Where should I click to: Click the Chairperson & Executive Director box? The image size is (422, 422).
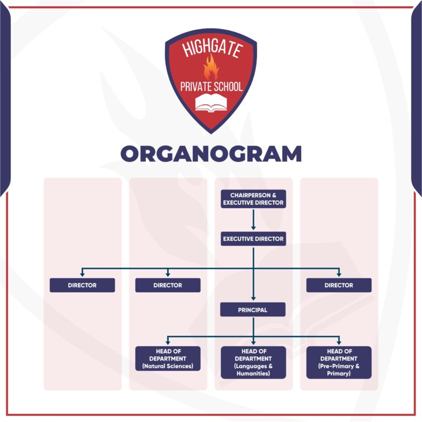pyautogui.click(x=253, y=199)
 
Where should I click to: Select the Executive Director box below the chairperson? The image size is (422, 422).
pyautogui.click(x=253, y=239)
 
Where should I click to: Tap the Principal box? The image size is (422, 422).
pyautogui.click(x=253, y=310)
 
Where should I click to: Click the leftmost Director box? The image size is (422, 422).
pyautogui.click(x=82, y=285)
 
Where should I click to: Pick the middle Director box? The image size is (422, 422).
pyautogui.click(x=168, y=285)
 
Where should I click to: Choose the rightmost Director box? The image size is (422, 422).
pyautogui.click(x=338, y=285)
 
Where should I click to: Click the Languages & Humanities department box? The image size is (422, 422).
pyautogui.click(x=253, y=362)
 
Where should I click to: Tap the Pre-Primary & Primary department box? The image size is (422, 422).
pyautogui.click(x=338, y=362)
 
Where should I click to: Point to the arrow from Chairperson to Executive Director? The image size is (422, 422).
pyautogui.click(x=253, y=219)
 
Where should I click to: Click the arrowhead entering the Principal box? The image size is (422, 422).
pyautogui.click(x=253, y=298)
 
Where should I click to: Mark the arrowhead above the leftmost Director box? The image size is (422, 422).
pyautogui.click(x=82, y=274)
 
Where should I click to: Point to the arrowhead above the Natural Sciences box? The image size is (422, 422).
pyautogui.click(x=168, y=342)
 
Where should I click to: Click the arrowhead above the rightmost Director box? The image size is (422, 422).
pyautogui.click(x=338, y=274)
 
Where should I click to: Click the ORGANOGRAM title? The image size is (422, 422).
pyautogui.click(x=211, y=154)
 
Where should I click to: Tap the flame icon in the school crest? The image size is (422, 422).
pyautogui.click(x=210, y=68)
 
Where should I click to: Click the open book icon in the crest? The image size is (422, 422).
pyautogui.click(x=210, y=102)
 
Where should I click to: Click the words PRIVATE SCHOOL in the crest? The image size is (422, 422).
pyautogui.click(x=211, y=86)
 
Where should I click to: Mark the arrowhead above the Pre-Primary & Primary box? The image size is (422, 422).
pyautogui.click(x=338, y=342)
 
